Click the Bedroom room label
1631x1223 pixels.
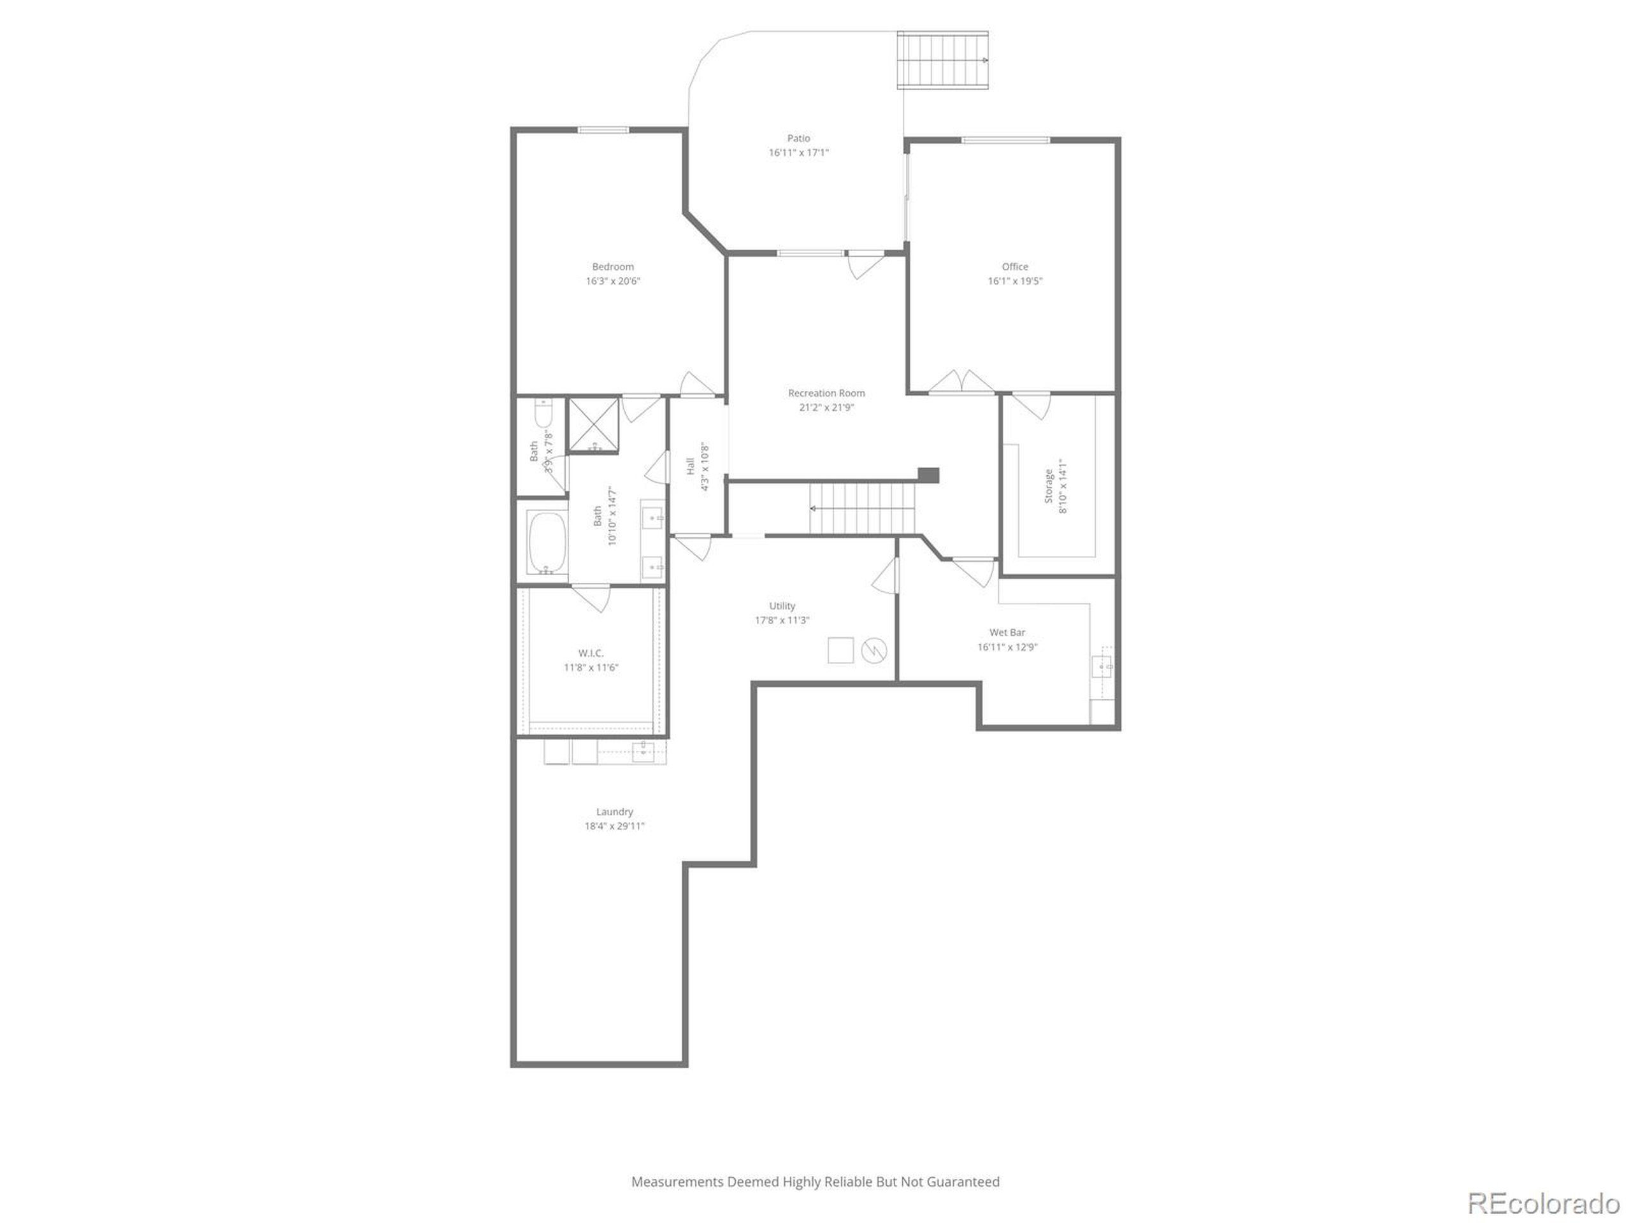point(613,267)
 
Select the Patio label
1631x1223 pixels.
point(798,138)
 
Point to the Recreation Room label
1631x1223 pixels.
point(826,393)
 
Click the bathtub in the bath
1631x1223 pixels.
point(547,542)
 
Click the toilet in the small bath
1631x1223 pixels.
point(543,415)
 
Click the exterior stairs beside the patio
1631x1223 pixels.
point(942,60)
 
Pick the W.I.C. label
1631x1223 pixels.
point(591,653)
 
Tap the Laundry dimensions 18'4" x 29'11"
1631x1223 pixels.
point(614,826)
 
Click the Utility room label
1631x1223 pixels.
point(782,606)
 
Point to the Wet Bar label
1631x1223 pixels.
point(1007,633)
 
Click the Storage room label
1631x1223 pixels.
point(1049,486)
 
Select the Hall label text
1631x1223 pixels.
point(690,466)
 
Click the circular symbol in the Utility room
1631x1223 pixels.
point(873,650)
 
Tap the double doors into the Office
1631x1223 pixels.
point(961,383)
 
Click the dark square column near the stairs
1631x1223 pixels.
point(928,475)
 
